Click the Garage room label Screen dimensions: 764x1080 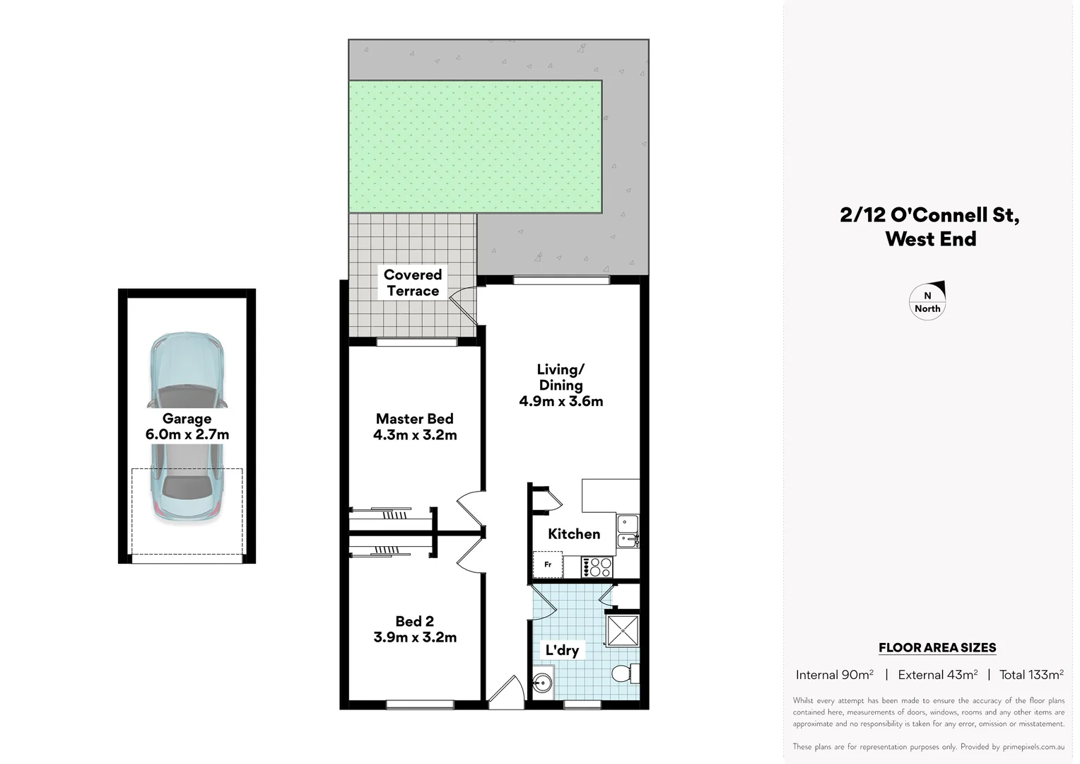coord(187,419)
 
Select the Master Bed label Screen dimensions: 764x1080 coord(415,419)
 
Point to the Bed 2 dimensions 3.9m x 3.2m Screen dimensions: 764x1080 coord(415,637)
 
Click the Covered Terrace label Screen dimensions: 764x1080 coord(413,283)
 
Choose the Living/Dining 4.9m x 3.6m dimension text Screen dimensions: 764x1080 coord(561,401)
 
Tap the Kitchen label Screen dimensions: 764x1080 coord(574,534)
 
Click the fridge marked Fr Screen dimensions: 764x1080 coord(548,565)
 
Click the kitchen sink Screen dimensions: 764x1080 coord(627,532)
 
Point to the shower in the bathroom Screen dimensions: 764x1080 coord(623,630)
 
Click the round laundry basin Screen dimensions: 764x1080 coord(542,683)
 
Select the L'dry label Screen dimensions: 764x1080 coord(562,650)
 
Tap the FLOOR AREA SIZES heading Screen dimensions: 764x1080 coord(937,647)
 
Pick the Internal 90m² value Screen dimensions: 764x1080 coord(834,675)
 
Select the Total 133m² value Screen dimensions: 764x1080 coord(1031,675)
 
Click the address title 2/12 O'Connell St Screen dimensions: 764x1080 coord(929,215)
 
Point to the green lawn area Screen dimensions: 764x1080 coord(475,146)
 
